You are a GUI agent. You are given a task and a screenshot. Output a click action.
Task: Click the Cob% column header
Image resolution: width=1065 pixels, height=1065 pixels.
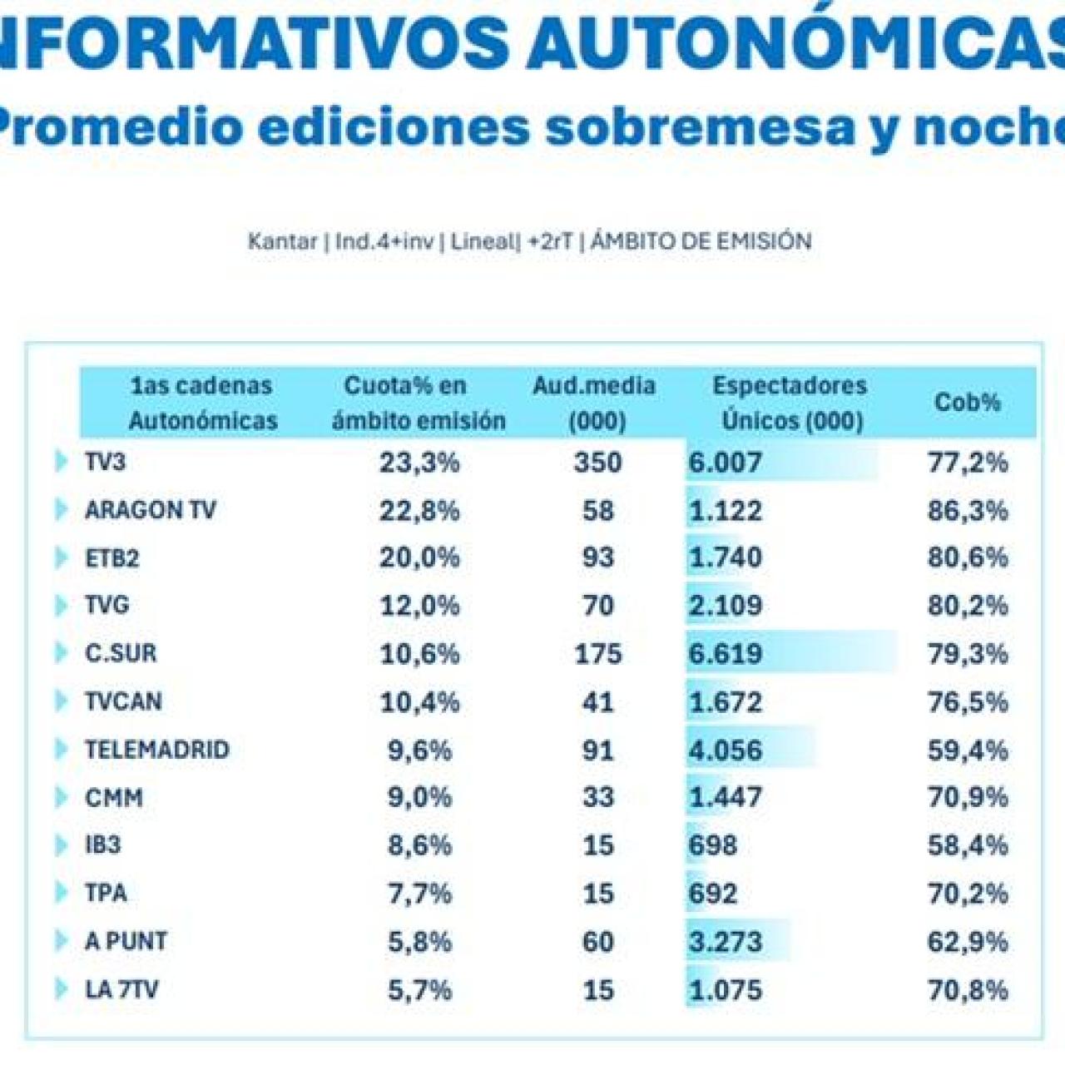point(967,402)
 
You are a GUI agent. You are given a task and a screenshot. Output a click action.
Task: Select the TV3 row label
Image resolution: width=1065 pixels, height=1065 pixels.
point(105,461)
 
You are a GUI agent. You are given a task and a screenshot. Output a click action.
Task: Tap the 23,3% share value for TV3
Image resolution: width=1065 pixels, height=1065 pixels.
point(419,462)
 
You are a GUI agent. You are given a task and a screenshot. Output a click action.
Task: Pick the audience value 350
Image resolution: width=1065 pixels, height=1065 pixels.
point(597,462)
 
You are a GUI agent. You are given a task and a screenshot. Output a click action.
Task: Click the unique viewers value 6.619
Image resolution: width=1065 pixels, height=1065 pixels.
point(725,653)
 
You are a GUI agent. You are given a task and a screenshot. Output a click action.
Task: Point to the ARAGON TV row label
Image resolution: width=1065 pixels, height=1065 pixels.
point(150,509)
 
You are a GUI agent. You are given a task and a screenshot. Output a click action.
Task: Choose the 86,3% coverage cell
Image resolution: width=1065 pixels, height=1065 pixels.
point(968,510)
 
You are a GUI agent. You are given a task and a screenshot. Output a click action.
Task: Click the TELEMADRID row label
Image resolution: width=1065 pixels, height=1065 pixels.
point(156,749)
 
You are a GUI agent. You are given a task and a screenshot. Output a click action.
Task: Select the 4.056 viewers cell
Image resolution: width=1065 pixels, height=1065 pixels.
point(725,750)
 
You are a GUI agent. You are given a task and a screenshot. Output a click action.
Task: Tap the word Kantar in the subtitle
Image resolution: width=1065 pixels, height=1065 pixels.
point(282,241)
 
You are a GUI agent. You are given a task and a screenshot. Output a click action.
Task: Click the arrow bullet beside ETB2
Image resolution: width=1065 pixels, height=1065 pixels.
point(61,557)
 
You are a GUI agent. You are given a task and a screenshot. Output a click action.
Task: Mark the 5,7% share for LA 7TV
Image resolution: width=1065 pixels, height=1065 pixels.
point(419,989)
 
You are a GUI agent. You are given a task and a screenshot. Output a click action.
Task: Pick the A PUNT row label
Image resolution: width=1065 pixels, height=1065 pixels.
point(126,941)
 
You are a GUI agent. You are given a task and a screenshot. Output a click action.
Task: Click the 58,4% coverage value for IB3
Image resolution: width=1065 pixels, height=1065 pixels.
point(968,845)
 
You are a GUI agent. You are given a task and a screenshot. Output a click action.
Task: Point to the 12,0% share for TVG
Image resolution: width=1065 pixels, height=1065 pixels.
point(419,605)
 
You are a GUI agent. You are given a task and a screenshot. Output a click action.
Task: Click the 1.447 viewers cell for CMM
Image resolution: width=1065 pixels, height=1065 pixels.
point(725,797)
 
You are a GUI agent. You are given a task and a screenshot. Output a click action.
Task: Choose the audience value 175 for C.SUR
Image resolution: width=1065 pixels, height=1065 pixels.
point(597,653)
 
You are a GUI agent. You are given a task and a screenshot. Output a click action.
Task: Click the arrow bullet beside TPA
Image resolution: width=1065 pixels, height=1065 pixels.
point(61,893)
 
